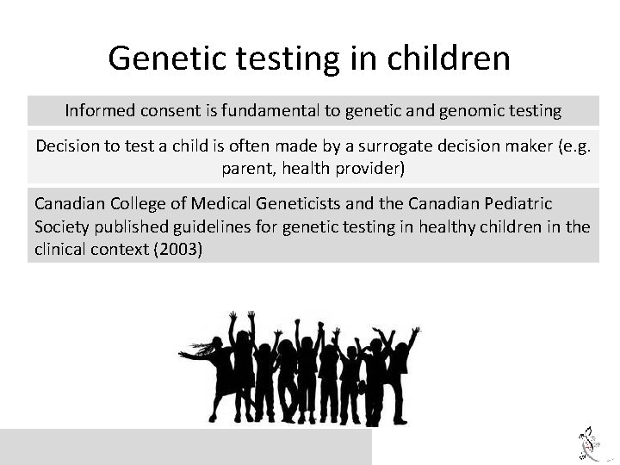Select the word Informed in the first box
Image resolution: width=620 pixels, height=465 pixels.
(x=99, y=111)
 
